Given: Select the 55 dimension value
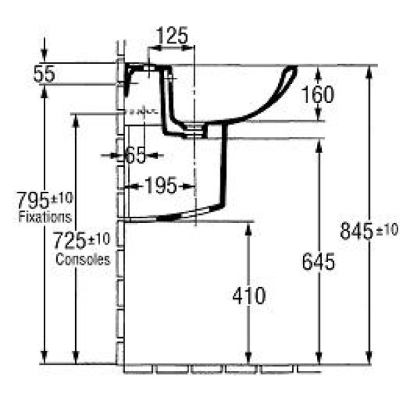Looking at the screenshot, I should (x=44, y=74).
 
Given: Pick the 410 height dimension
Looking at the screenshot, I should (x=249, y=295).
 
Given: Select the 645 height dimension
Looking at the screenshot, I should (x=319, y=262).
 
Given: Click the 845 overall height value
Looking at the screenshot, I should (x=355, y=230).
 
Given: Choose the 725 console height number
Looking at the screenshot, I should (x=69, y=241).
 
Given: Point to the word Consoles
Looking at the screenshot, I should (x=83, y=259).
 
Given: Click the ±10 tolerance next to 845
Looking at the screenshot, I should (x=387, y=230).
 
